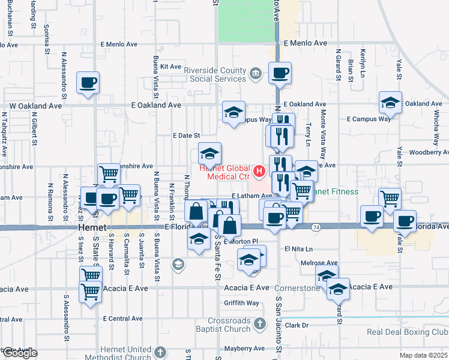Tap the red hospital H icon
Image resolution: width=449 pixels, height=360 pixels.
[259, 173]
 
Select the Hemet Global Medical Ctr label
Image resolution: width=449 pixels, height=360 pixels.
[220, 173]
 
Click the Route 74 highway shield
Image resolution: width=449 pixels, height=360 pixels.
[316, 227]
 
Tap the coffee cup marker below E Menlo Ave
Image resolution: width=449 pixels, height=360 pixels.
[280, 74]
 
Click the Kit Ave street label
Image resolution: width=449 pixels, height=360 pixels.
[171, 67]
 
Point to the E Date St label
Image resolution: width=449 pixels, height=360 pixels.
[186, 136]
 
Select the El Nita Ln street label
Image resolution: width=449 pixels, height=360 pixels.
[299, 248]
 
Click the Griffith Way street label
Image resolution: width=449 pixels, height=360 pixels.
[241, 303]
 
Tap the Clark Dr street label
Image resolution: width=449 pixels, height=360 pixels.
[297, 325]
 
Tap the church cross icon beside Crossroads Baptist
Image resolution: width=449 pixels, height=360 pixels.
[259, 324]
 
